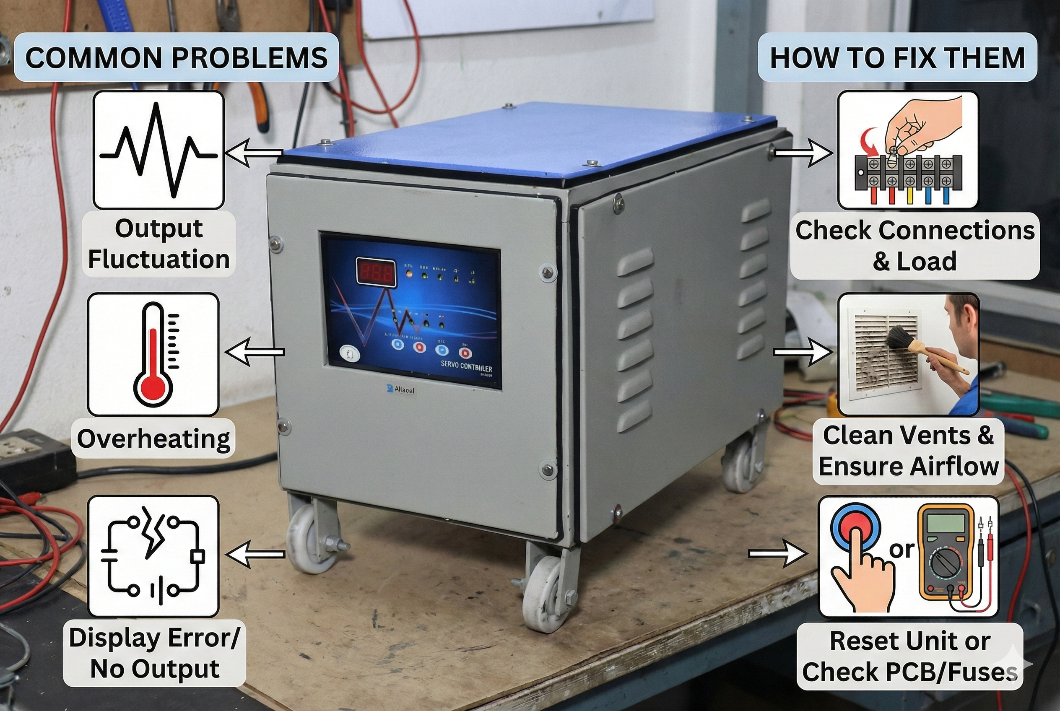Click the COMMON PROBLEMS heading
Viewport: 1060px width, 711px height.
(x=176, y=57)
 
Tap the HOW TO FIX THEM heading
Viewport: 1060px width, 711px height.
(x=897, y=57)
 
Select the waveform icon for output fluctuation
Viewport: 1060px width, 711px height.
(x=158, y=150)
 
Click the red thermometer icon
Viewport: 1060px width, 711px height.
(x=153, y=355)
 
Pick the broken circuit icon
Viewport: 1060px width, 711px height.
(x=153, y=556)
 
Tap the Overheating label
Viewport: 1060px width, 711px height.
(x=153, y=439)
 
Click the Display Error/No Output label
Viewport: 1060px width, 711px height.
(x=154, y=653)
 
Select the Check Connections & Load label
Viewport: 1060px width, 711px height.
(x=915, y=245)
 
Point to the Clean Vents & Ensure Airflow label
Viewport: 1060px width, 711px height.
(x=908, y=451)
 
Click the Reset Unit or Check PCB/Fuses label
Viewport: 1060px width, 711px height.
(x=909, y=656)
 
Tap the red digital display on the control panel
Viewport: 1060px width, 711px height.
(x=375, y=272)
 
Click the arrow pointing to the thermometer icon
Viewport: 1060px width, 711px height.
(x=255, y=352)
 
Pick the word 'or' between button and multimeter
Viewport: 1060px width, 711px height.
(x=902, y=550)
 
